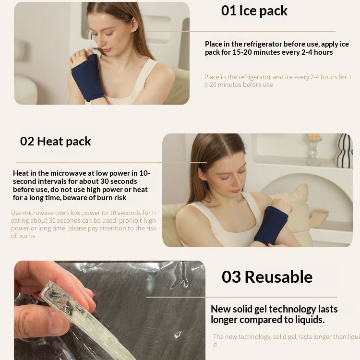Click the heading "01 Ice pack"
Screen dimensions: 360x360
coord(254,11)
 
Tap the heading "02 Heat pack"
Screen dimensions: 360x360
coord(55,141)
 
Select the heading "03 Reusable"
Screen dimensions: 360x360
coord(267,277)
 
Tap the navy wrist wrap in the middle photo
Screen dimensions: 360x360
coord(270,225)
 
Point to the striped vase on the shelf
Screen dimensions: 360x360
coord(344,151)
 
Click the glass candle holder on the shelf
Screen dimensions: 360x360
coord(314,149)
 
